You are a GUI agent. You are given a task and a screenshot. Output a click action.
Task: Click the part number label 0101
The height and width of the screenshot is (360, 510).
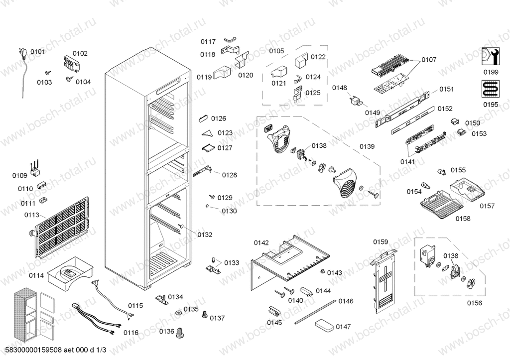click(x=37, y=52)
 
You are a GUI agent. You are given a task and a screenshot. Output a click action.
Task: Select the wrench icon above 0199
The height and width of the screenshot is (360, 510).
click(x=490, y=56)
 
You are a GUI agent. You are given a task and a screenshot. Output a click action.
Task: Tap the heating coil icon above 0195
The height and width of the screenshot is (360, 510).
click(x=490, y=90)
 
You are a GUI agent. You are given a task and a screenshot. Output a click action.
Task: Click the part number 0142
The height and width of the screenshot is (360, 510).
click(x=261, y=243)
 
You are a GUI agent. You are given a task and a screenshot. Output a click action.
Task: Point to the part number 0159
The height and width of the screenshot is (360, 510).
click(x=381, y=242)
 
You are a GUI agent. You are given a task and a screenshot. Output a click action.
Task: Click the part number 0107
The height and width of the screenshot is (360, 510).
click(x=428, y=60)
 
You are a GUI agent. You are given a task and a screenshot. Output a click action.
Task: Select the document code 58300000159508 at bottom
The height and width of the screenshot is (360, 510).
click(x=32, y=350)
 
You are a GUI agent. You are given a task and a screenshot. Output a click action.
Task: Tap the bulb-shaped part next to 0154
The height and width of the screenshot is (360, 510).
click(x=426, y=186)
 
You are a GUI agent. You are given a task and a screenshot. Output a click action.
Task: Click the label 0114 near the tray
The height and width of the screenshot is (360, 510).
click(x=36, y=275)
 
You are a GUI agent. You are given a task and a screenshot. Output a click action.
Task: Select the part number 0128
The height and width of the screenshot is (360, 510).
click(x=229, y=175)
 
